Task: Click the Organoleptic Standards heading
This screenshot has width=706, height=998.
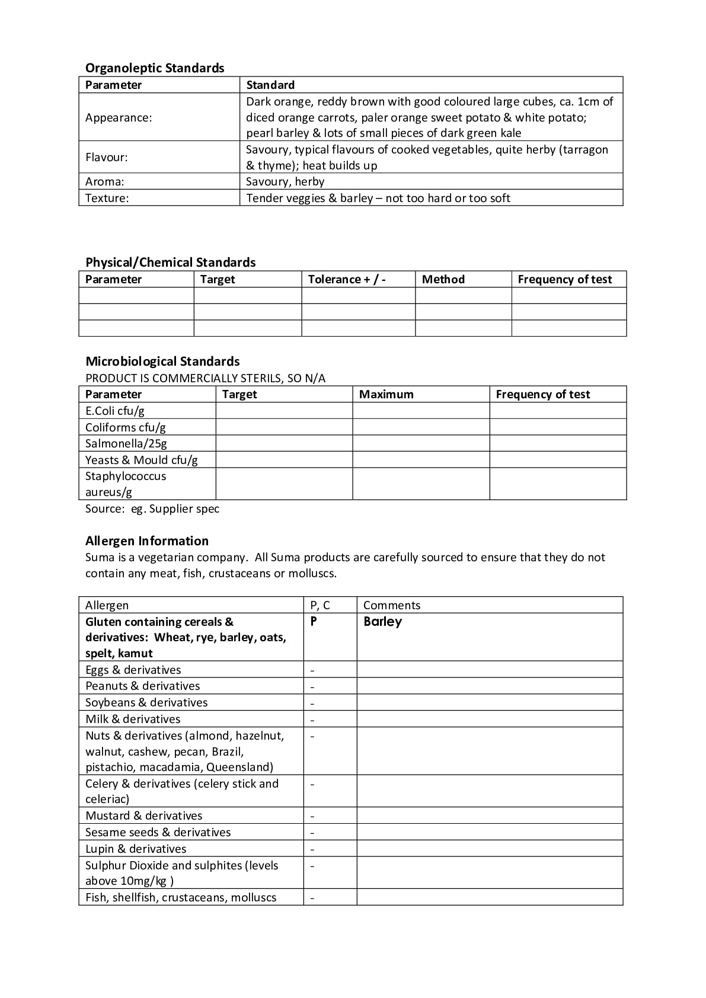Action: click(x=155, y=68)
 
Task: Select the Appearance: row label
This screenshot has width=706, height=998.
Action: click(x=119, y=117)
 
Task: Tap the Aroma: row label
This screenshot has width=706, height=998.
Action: click(x=105, y=181)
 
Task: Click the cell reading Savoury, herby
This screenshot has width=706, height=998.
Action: click(x=285, y=181)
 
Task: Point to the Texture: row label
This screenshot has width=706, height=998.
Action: click(x=107, y=198)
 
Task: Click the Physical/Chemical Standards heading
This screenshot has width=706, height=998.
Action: click(x=171, y=263)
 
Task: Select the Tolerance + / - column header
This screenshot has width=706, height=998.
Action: click(x=347, y=279)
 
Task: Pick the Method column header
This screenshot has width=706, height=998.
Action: click(x=443, y=279)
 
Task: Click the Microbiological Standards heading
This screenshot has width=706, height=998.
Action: click(x=162, y=362)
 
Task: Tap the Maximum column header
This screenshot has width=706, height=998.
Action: click(x=386, y=394)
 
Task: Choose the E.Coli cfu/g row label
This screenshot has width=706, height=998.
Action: click(x=115, y=411)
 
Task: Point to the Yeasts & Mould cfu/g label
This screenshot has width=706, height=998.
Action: click(x=142, y=460)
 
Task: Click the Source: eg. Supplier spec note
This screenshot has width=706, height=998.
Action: click(x=152, y=508)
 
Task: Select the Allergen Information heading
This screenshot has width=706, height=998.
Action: click(x=147, y=541)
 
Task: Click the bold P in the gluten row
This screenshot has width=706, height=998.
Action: click(x=314, y=622)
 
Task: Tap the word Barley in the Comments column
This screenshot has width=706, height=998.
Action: click(x=382, y=622)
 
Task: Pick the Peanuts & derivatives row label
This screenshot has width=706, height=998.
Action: click(x=143, y=686)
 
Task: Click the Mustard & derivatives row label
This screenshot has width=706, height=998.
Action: click(x=144, y=815)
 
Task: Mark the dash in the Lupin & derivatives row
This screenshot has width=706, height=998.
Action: click(x=312, y=849)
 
